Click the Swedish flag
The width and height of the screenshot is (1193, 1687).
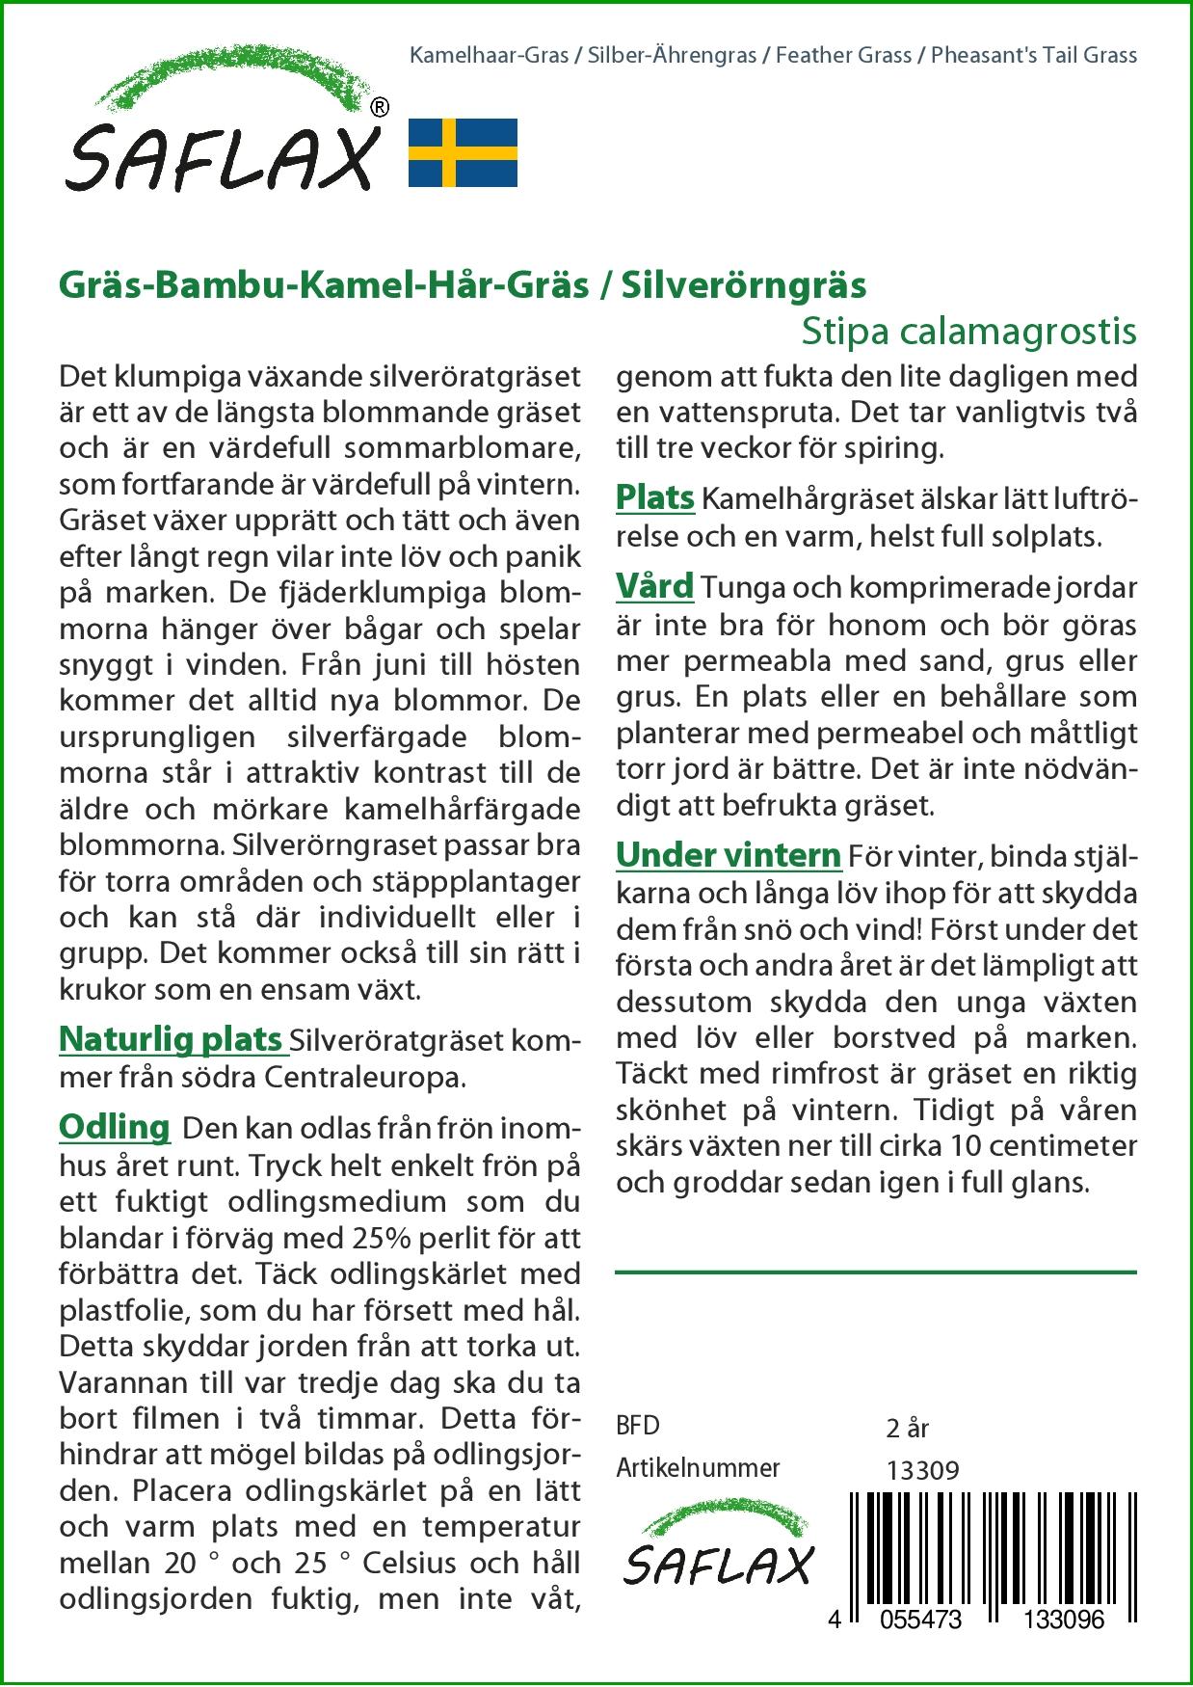click(x=463, y=152)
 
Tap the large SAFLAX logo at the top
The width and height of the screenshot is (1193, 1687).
click(x=222, y=130)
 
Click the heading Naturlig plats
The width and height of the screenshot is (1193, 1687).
click(x=171, y=1039)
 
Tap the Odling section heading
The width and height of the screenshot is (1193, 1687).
click(x=115, y=1126)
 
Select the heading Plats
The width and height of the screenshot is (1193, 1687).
click(x=655, y=497)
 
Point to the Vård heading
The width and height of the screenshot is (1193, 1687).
click(x=655, y=586)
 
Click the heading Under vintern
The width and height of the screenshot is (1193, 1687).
click(x=729, y=854)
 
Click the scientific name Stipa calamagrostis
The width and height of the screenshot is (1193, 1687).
click(x=968, y=331)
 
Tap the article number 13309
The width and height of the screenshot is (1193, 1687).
click(x=922, y=1470)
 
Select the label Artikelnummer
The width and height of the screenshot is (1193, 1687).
click(x=698, y=1468)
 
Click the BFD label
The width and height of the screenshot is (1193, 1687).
click(x=638, y=1426)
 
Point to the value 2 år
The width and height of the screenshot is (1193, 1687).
click(x=907, y=1428)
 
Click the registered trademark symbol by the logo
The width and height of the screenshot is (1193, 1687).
click(x=380, y=106)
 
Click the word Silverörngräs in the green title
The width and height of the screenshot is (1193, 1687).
click(x=743, y=284)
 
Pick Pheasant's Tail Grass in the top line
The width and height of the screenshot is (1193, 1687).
click(x=1038, y=55)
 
